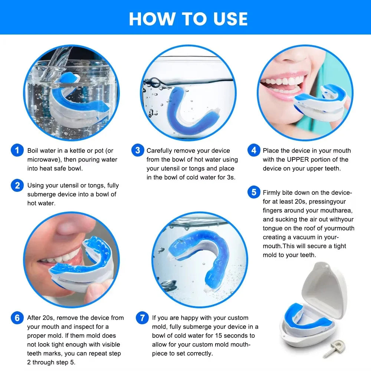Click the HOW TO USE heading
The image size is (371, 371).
click(188, 19)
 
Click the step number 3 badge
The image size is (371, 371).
click(138, 151)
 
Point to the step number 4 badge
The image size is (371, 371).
click(254, 151)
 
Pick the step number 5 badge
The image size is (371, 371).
click(254, 193)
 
